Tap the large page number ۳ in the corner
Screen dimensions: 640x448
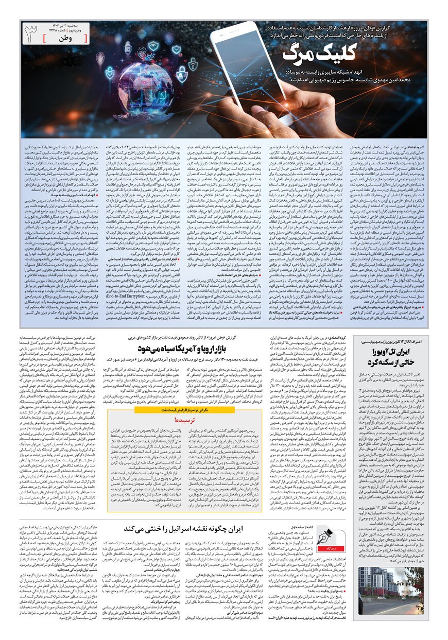pyautogui.click(x=32, y=35)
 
